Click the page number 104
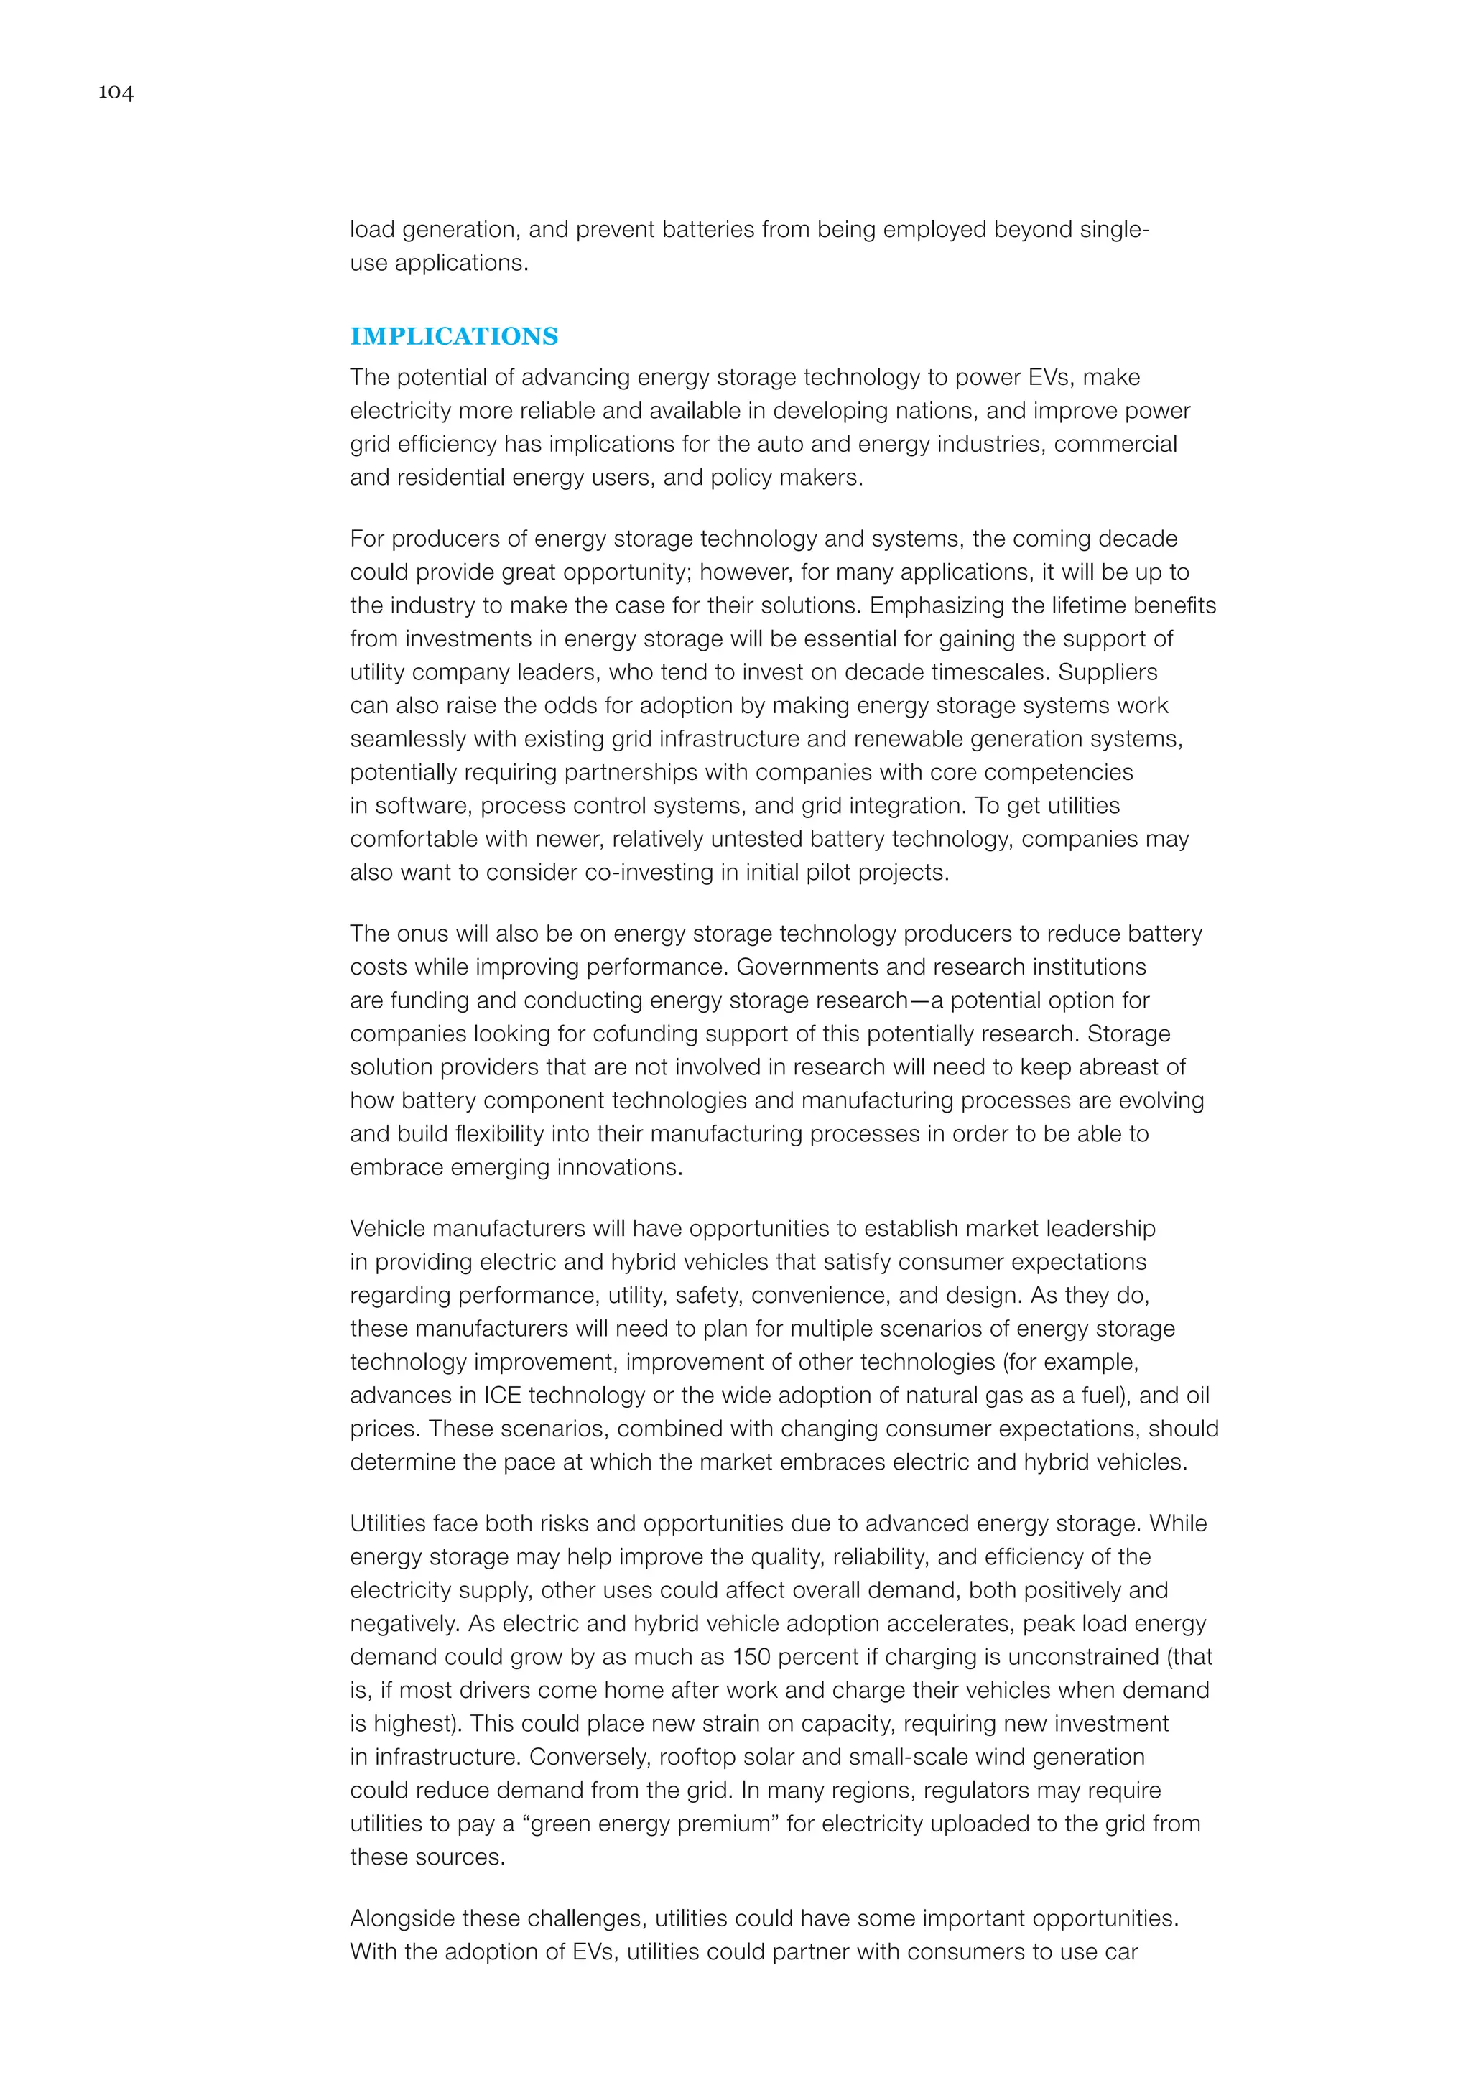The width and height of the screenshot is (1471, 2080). [116, 93]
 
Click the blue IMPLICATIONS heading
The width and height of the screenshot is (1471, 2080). [454, 336]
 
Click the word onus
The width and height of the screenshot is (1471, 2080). [422, 934]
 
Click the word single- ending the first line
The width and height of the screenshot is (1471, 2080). [1114, 230]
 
